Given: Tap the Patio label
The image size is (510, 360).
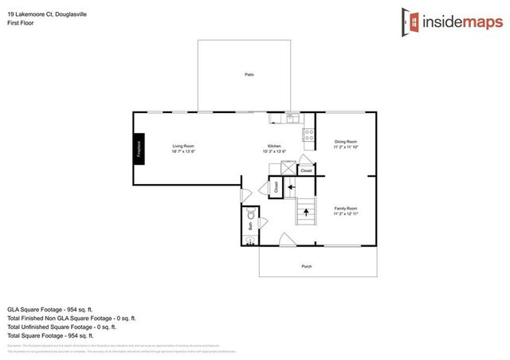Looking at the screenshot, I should click(x=249, y=74).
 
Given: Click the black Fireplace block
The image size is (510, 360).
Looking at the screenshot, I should click(x=138, y=149).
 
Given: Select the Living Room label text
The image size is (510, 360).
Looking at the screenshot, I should click(x=184, y=146).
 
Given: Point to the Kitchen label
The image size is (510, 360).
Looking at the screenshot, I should click(x=274, y=146).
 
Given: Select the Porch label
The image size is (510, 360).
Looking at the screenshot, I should click(x=306, y=266).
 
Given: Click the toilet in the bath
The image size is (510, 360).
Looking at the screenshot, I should click(x=250, y=213).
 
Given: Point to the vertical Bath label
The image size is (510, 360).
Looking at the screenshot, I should click(x=250, y=225).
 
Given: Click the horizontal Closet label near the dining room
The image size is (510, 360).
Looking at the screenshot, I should click(x=306, y=170).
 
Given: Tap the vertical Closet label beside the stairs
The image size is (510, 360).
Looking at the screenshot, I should click(x=276, y=188).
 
